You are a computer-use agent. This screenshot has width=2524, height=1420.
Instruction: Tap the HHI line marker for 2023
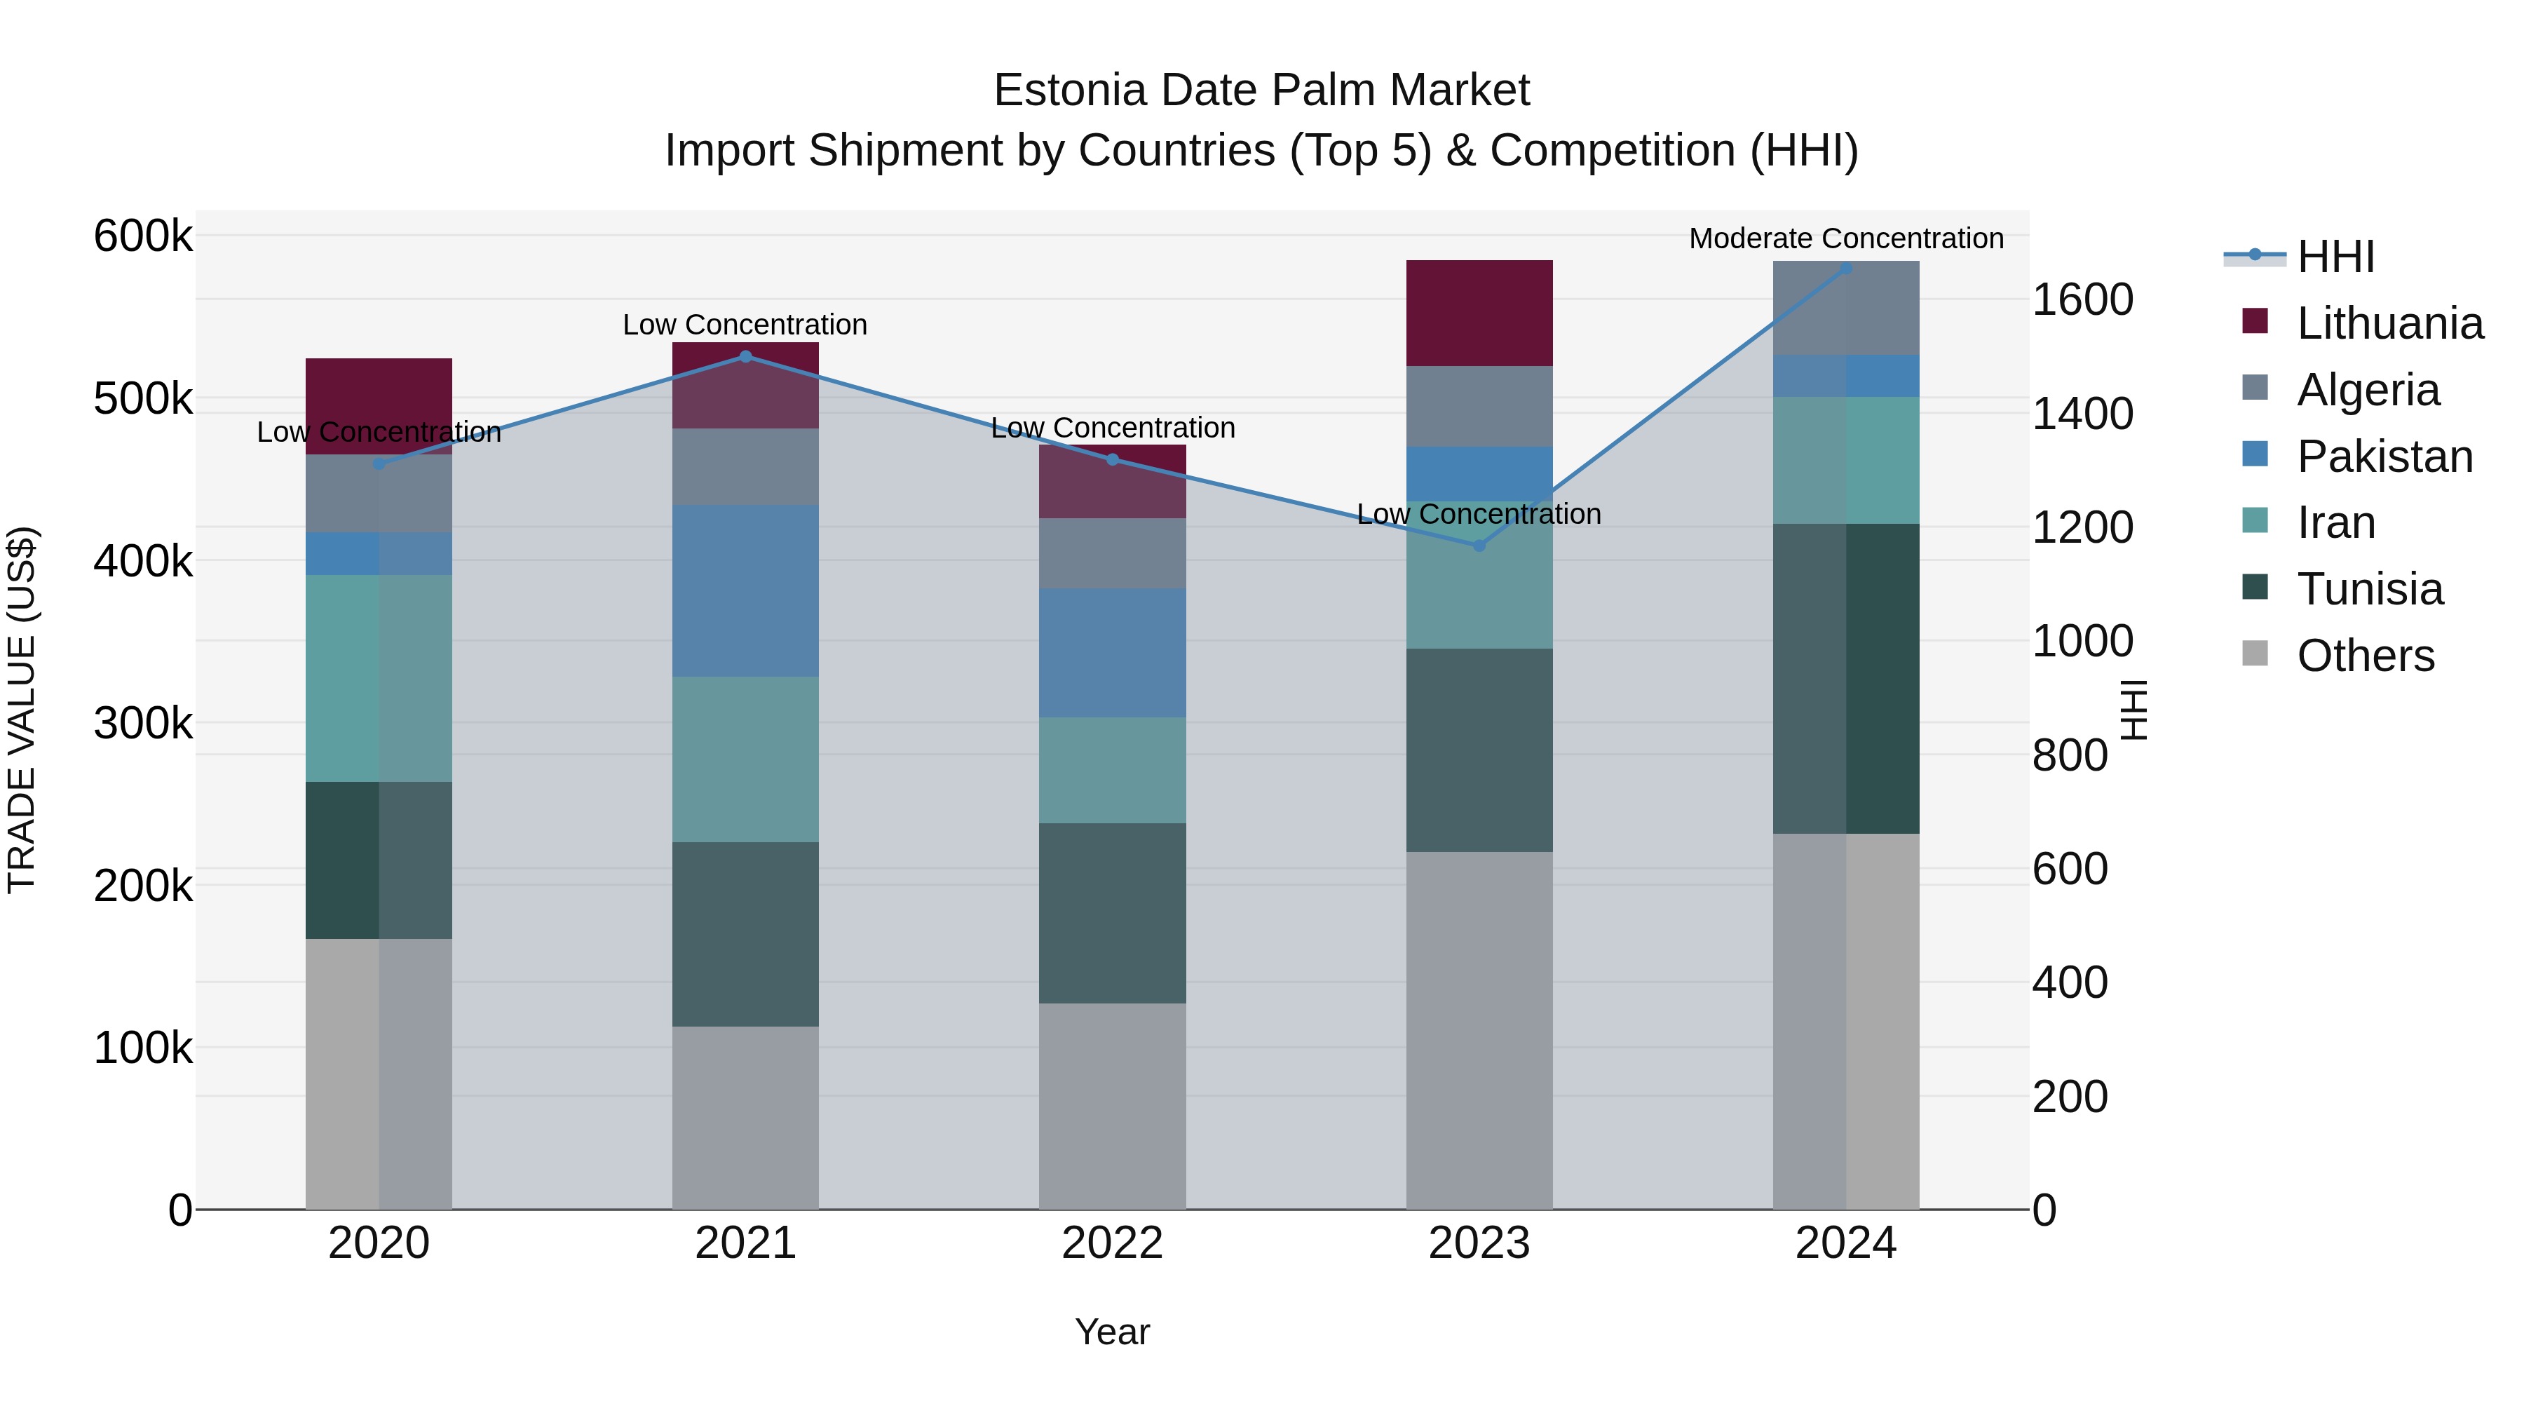pos(1479,545)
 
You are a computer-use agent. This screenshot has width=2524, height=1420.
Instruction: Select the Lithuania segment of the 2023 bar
pos(1479,313)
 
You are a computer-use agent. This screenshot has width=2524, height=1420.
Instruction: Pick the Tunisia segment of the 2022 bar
pos(1112,912)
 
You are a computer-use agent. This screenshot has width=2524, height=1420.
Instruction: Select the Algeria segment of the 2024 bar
pos(1846,308)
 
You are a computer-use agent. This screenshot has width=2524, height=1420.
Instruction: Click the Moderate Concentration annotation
pos(1846,238)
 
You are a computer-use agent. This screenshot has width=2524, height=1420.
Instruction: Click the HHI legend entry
pos(2336,257)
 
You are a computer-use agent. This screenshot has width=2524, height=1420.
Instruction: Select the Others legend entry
pos(2366,656)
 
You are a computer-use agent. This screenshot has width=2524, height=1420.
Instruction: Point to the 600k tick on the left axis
pos(143,236)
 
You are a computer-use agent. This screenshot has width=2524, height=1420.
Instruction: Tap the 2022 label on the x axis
pos(1112,1243)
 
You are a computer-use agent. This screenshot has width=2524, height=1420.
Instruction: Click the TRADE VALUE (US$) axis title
pos(22,710)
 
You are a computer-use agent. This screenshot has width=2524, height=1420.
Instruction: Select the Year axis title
pos(1112,1332)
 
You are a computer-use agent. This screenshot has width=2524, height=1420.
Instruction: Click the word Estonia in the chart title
pos(1069,90)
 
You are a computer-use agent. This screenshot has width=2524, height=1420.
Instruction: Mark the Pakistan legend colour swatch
pos(2255,454)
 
